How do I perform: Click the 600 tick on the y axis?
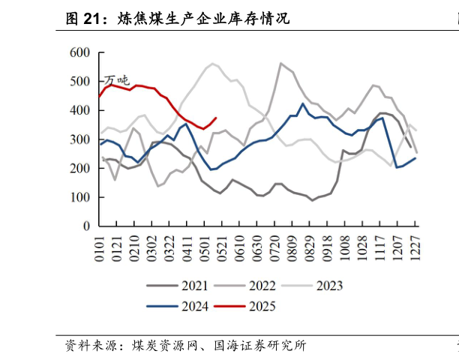(x=80, y=52)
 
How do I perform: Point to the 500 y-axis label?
(x=80, y=82)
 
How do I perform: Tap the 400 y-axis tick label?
(x=80, y=110)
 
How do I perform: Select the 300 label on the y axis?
(x=80, y=139)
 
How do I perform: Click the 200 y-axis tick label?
(x=80, y=169)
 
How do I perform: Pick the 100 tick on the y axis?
(x=80, y=197)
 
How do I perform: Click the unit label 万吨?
(x=116, y=80)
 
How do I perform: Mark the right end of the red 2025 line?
(x=217, y=117)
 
